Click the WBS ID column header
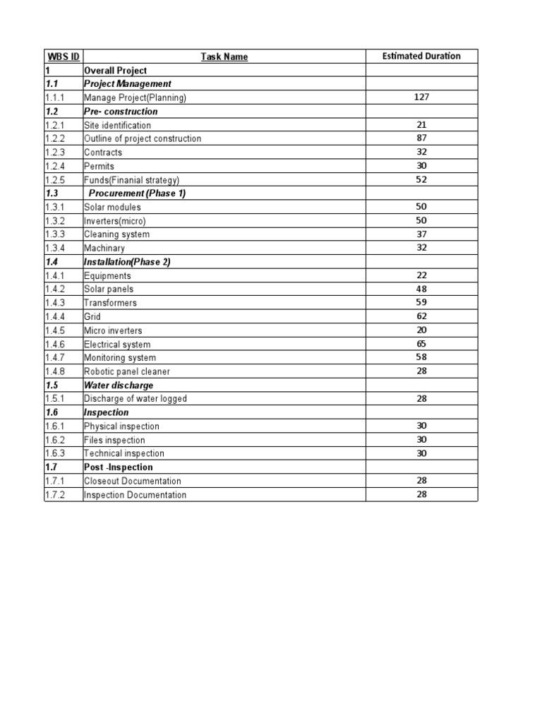[63, 56]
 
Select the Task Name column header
[224, 56]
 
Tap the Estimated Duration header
[421, 56]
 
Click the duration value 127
[421, 97]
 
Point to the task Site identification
[117, 125]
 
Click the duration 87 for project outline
[421, 138]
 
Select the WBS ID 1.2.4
[54, 166]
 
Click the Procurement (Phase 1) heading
[137, 193]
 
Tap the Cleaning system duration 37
[421, 234]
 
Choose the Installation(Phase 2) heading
[127, 262]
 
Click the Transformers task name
[110, 303]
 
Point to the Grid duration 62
[421, 316]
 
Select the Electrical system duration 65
[421, 344]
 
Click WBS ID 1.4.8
[54, 371]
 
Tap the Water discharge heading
[118, 386]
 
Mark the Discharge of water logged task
[135, 399]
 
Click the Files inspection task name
[114, 440]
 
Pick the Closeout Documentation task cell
[132, 481]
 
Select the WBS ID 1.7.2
[54, 495]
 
